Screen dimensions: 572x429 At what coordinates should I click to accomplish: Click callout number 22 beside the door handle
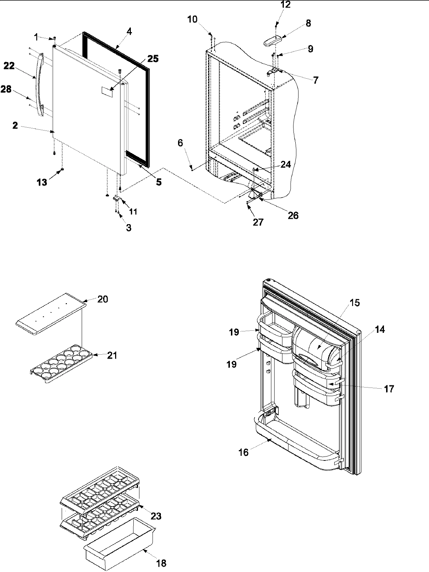[x=9, y=66]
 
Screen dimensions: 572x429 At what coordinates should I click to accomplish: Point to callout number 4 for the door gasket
[x=129, y=31]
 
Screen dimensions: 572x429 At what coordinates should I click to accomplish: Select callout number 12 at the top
[x=286, y=5]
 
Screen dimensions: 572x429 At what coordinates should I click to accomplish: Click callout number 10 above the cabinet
[x=192, y=19]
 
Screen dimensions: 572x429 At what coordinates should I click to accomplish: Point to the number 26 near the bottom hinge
[x=293, y=215]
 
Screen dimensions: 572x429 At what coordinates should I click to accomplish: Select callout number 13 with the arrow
[x=42, y=182]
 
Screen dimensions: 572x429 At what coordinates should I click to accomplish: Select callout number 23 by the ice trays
[x=156, y=516]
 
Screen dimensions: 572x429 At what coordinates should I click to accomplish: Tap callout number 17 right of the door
[x=389, y=389]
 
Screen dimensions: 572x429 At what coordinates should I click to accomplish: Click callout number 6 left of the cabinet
[x=180, y=143]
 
